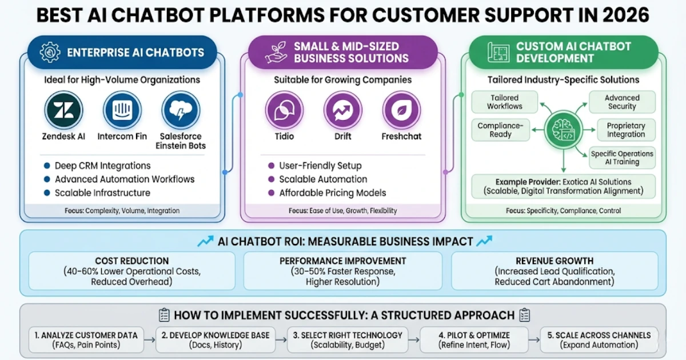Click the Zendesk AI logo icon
coord(63,110)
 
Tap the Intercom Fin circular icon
coord(122,110)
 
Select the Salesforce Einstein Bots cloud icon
coord(181,110)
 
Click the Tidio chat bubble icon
coord(284,110)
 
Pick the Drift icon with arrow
coord(343,110)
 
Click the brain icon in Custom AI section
coord(563,130)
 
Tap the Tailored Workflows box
coord(504,102)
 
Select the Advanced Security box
coord(622,102)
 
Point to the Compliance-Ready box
coord(500,130)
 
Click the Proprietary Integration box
coord(626,130)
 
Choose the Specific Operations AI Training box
coord(622,158)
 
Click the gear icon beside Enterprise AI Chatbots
coord(50,53)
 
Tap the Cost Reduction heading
coord(131,261)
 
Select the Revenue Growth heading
coord(554,261)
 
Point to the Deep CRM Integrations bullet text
coord(102,166)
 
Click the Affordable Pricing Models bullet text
coord(332,193)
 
